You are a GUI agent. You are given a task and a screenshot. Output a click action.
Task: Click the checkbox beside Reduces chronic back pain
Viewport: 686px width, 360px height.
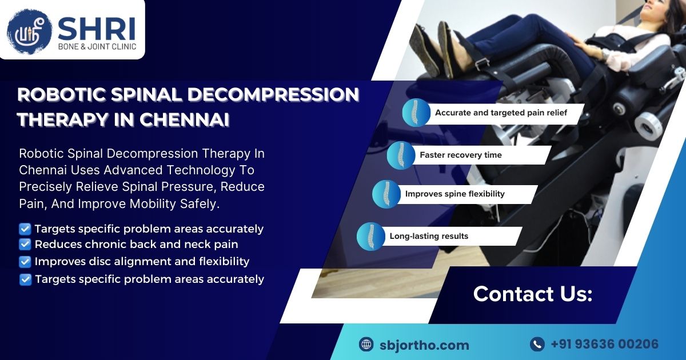click(x=25, y=245)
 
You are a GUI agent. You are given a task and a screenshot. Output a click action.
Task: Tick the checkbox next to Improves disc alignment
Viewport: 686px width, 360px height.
click(x=25, y=262)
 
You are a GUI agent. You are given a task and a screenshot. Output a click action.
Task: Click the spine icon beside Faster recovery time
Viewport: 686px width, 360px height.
click(x=400, y=155)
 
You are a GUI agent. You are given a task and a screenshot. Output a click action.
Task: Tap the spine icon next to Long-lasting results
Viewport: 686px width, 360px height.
click(x=370, y=237)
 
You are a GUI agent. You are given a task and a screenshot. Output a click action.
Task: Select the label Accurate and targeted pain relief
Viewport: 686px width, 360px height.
click(x=501, y=113)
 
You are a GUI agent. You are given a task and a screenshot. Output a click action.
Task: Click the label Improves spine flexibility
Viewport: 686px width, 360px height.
click(x=454, y=194)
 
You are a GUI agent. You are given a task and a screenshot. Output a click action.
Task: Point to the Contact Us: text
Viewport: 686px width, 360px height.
click(x=532, y=294)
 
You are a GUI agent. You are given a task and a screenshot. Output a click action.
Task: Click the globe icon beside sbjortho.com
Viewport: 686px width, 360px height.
click(x=366, y=345)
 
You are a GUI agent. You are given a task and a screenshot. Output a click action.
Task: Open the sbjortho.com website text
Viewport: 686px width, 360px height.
click(x=424, y=345)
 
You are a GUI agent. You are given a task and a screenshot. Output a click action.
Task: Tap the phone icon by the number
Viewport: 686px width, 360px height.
click(x=537, y=344)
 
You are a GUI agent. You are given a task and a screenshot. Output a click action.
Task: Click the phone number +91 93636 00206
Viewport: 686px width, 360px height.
click(x=604, y=344)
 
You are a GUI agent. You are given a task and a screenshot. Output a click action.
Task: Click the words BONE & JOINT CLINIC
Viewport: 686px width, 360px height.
click(x=97, y=47)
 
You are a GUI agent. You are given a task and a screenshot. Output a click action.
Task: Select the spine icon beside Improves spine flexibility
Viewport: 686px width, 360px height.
click(x=386, y=194)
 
